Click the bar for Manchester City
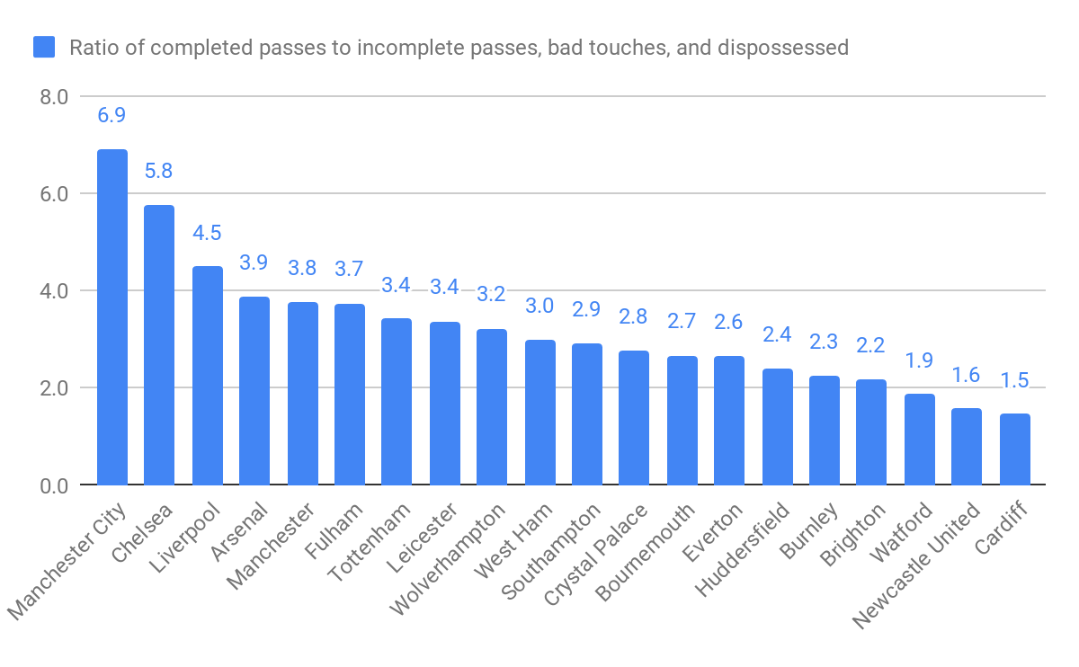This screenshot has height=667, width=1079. [x=112, y=317]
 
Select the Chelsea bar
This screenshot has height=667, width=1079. [x=159, y=345]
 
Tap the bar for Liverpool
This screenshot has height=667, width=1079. [x=208, y=376]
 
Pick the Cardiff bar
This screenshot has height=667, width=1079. [x=1015, y=449]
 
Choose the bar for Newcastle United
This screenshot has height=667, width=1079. [x=967, y=447]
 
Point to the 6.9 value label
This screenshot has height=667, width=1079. [x=111, y=115]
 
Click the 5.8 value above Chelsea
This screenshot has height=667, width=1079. [x=159, y=171]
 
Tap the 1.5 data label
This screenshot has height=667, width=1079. [x=1015, y=379]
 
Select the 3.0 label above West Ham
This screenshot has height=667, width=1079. [x=539, y=306]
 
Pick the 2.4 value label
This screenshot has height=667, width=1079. [x=778, y=334]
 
